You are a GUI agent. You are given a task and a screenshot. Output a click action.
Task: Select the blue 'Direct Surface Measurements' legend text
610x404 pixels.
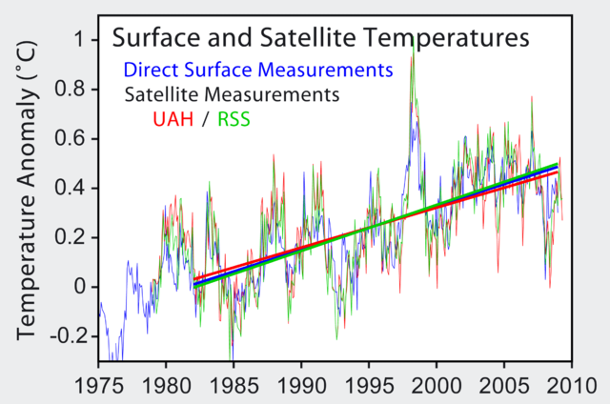point(257,70)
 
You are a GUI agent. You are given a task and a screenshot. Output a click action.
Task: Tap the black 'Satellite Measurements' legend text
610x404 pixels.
point(232,95)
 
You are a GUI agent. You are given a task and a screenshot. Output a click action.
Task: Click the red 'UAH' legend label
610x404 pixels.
point(174,120)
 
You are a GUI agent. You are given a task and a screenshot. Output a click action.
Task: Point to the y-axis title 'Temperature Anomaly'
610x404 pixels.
point(27,192)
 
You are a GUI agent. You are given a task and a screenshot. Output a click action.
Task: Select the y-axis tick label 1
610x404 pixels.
point(79,40)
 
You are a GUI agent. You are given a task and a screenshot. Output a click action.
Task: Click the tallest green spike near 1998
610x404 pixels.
point(413,48)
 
